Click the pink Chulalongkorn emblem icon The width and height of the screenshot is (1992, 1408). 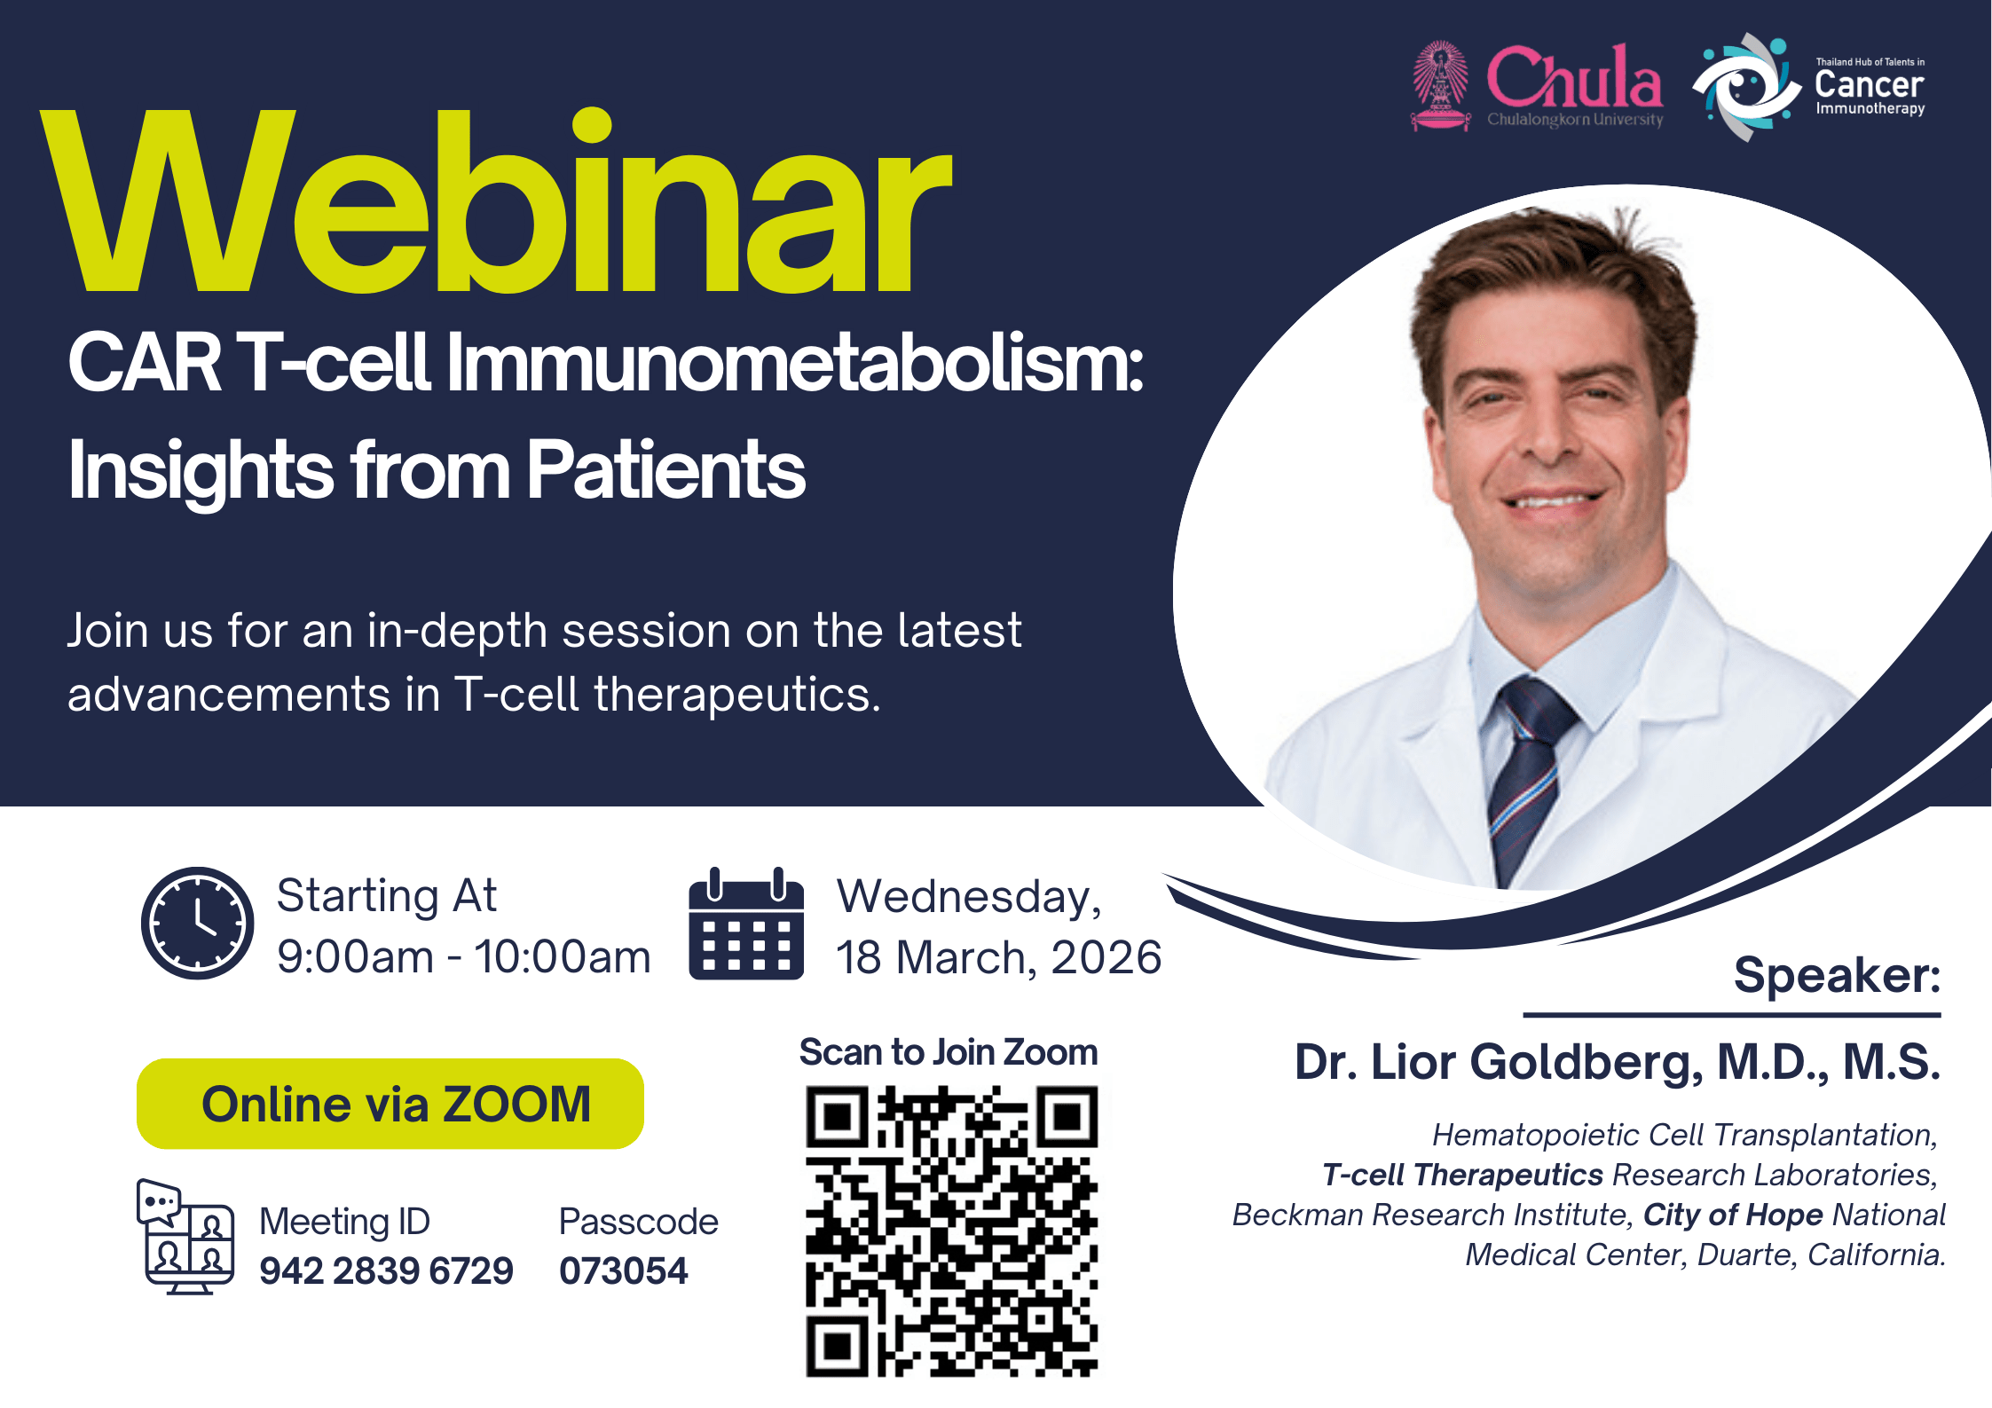[1440, 86]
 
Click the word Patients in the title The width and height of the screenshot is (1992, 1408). [666, 469]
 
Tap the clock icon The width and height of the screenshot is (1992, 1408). [197, 923]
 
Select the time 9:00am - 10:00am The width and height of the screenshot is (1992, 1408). [464, 956]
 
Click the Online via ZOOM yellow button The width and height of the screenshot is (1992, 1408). [390, 1104]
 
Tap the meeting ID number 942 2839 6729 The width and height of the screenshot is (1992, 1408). [386, 1270]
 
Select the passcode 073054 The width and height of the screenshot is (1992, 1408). [623, 1270]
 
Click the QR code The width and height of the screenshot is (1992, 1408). [951, 1231]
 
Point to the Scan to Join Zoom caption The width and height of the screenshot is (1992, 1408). [949, 1052]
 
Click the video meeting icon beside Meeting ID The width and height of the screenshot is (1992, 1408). [185, 1237]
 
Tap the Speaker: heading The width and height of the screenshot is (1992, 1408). [1838, 975]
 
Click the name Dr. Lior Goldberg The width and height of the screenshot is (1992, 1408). [1500, 1062]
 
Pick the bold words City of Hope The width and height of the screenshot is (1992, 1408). [1733, 1215]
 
